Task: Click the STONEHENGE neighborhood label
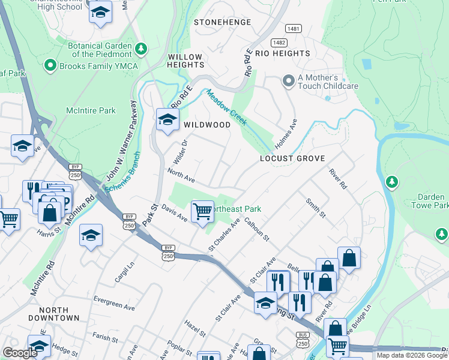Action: [x=221, y=22]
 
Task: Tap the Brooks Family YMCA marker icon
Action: [x=50, y=66]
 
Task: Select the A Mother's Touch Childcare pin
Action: [x=289, y=80]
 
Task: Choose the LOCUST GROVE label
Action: [x=292, y=158]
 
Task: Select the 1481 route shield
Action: [x=293, y=28]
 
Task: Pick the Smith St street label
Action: [x=315, y=208]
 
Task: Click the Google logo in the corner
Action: [x=20, y=353]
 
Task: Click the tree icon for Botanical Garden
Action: [x=141, y=47]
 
